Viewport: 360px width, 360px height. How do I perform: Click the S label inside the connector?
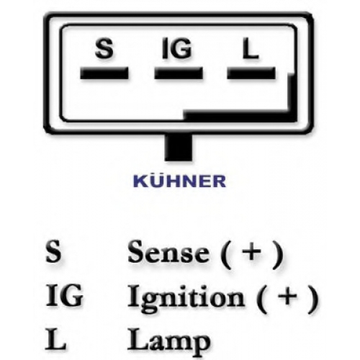pos(104,49)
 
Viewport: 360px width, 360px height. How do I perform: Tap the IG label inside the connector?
pos(177,49)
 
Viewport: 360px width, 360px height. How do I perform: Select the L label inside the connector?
pos(251,49)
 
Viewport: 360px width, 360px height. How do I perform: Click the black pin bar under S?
pos(104,73)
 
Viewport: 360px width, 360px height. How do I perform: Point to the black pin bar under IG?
pos(179,73)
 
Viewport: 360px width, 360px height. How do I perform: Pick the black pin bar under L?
pos(251,73)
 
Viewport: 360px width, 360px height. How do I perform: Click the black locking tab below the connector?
pos(179,148)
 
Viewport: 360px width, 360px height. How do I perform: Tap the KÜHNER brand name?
pos(179,181)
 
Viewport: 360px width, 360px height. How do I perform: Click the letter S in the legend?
pos(53,251)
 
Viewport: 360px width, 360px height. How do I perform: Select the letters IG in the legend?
pos(64,295)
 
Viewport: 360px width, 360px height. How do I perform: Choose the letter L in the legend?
pos(55,338)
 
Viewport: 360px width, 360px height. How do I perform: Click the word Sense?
pos(168,251)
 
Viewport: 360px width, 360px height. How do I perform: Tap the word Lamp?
pos(168,341)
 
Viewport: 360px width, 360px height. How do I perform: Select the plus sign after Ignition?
pos(287,296)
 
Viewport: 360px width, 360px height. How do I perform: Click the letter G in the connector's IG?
pos(181,49)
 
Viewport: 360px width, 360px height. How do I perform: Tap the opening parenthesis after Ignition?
pos(261,299)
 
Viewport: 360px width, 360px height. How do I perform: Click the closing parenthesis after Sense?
pos(279,254)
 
